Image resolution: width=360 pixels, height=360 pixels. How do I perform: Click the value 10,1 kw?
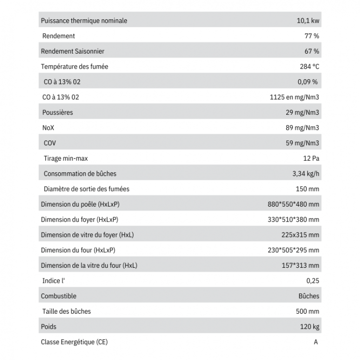coord(308,21)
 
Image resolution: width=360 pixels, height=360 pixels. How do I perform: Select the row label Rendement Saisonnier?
coord(72,51)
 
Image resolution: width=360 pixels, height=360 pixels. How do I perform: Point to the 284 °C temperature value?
coord(309,67)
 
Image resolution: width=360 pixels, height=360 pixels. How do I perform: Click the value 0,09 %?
coord(307,82)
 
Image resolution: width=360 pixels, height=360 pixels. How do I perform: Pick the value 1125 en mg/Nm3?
coord(294,97)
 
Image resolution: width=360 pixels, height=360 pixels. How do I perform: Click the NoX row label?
coord(49,128)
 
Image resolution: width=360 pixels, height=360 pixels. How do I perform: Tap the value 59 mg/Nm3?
coord(303,143)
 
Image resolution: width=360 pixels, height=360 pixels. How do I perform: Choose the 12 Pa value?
coord(311,158)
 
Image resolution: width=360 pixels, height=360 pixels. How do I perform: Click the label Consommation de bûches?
coord(80,174)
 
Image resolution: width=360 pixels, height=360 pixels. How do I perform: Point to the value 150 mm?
coord(307,189)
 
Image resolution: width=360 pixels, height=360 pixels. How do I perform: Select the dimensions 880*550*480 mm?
coord(293,205)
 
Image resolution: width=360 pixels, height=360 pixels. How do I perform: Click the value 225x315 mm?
coord(300,235)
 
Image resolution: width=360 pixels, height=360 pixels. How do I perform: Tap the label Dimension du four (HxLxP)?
coord(78,250)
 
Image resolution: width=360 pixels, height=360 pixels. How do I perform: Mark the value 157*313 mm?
coord(300,266)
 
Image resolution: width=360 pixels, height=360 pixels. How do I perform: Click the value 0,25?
coord(313,281)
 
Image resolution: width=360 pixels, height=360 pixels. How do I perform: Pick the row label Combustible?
coord(58,296)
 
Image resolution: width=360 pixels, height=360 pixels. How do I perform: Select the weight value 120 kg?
coord(309,327)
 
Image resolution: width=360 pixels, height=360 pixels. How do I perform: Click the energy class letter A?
coord(316,342)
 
